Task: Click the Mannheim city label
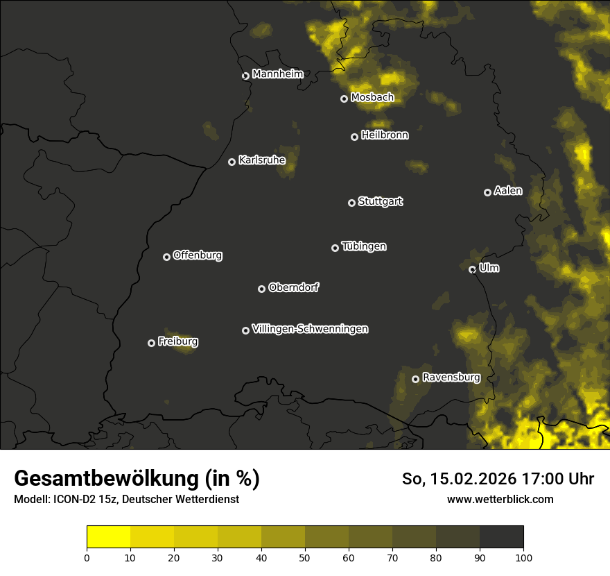pyautogui.click(x=277, y=74)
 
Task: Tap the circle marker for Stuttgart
pyautogui.click(x=351, y=203)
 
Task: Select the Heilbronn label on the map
pyautogui.click(x=385, y=135)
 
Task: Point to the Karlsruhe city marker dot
pyautogui.click(x=232, y=162)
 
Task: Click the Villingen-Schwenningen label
pyautogui.click(x=310, y=329)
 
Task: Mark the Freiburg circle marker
pyautogui.click(x=151, y=343)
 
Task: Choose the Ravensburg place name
pyautogui.click(x=451, y=378)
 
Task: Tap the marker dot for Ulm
pyautogui.click(x=472, y=269)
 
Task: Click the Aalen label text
pyautogui.click(x=508, y=191)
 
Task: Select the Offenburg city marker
pyautogui.click(x=166, y=257)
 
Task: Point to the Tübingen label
pyautogui.click(x=364, y=246)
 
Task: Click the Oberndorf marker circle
pyautogui.click(x=261, y=289)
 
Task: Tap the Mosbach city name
pyautogui.click(x=372, y=98)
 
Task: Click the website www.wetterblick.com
pyautogui.click(x=500, y=499)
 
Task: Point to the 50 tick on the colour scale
pyautogui.click(x=305, y=557)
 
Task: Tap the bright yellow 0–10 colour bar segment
pyautogui.click(x=108, y=537)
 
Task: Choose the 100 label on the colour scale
pyautogui.click(x=523, y=557)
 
